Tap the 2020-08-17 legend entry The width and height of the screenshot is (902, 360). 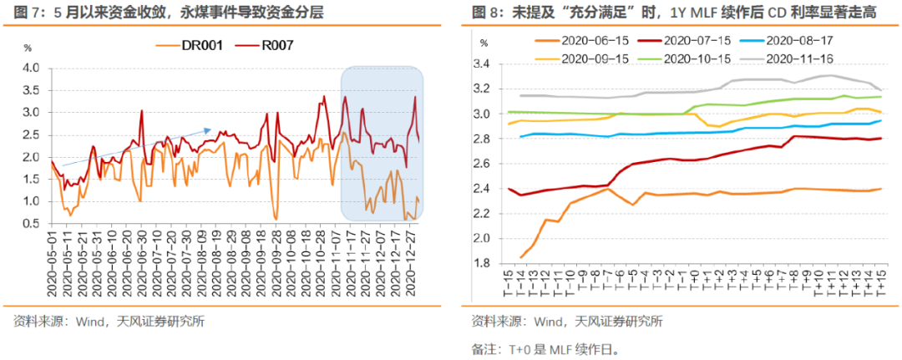[x=795, y=41]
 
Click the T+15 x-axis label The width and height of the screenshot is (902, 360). [x=879, y=284]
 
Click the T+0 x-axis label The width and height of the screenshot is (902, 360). [x=695, y=284]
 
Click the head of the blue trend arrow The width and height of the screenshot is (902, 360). [x=210, y=129]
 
